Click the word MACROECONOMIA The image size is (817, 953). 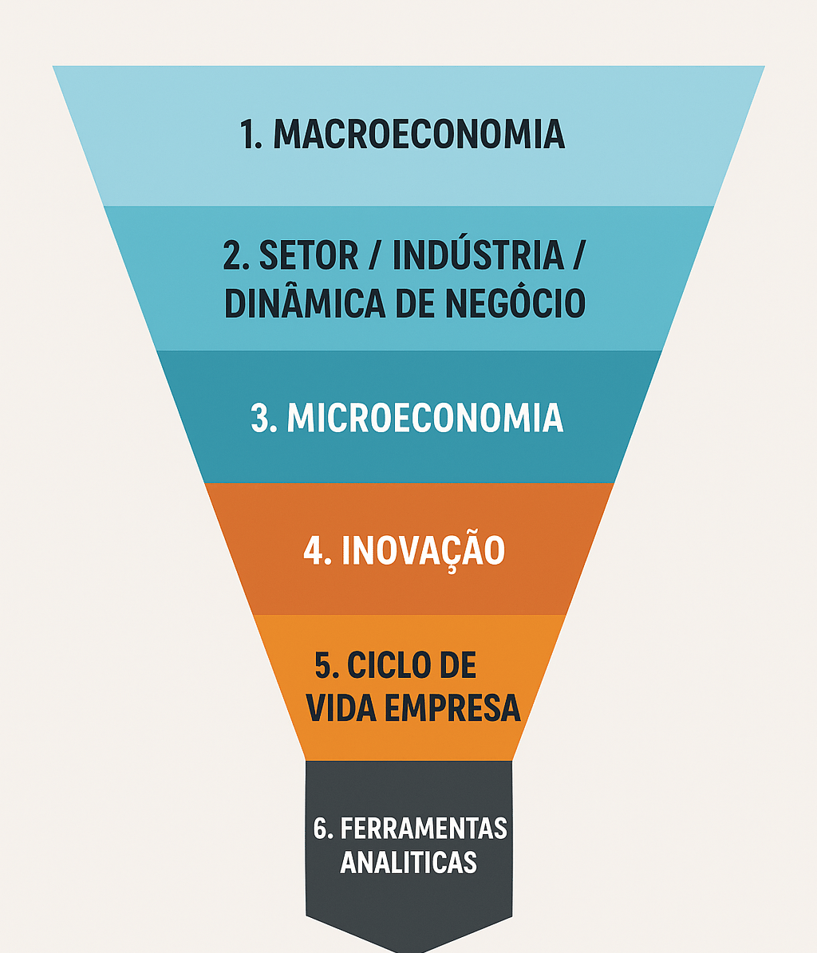point(420,135)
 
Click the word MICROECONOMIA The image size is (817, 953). point(424,419)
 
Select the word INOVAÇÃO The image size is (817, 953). point(424,550)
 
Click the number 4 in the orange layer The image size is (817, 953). point(313,551)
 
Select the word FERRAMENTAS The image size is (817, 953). point(424,829)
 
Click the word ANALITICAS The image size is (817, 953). point(408,862)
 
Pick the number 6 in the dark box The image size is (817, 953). point(322,829)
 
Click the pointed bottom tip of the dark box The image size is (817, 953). point(408,948)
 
